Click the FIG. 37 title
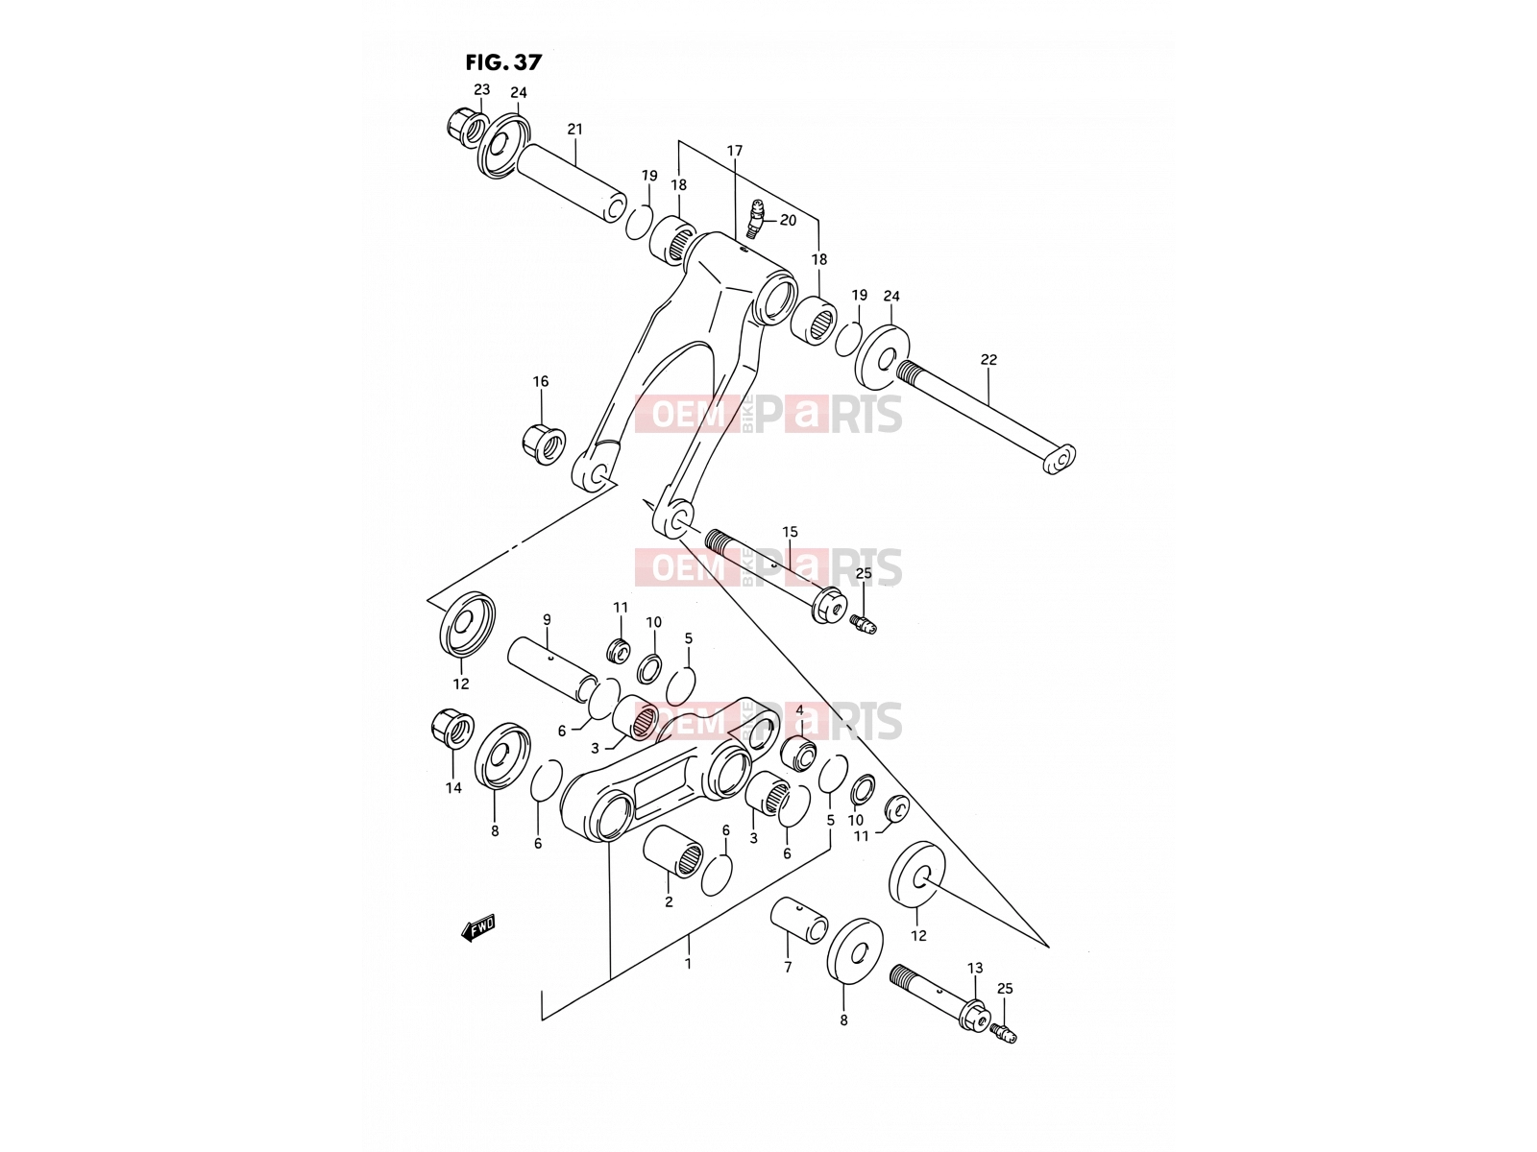coord(503,62)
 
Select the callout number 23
coord(482,89)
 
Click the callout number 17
coord(735,151)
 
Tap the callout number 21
coord(574,129)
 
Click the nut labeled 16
coord(544,443)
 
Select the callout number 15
coord(790,532)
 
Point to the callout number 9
coord(547,619)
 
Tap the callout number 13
coord(975,968)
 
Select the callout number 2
coord(669,902)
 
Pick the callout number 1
coord(689,964)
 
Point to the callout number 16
coord(541,381)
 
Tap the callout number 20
coord(788,221)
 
